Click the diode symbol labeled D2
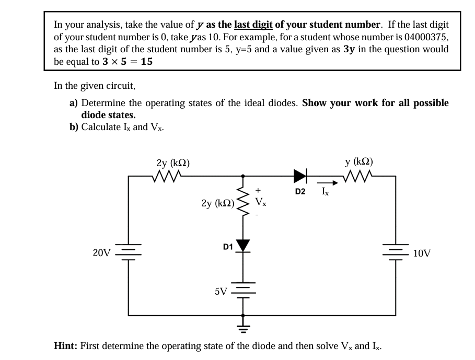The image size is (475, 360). click(x=301, y=176)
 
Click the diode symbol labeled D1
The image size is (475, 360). click(x=242, y=246)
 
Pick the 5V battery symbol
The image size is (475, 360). click(x=242, y=290)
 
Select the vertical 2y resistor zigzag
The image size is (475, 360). click(x=242, y=202)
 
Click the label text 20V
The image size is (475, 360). click(x=101, y=253)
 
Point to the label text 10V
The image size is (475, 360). click(x=422, y=253)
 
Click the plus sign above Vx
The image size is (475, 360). click(x=258, y=191)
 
